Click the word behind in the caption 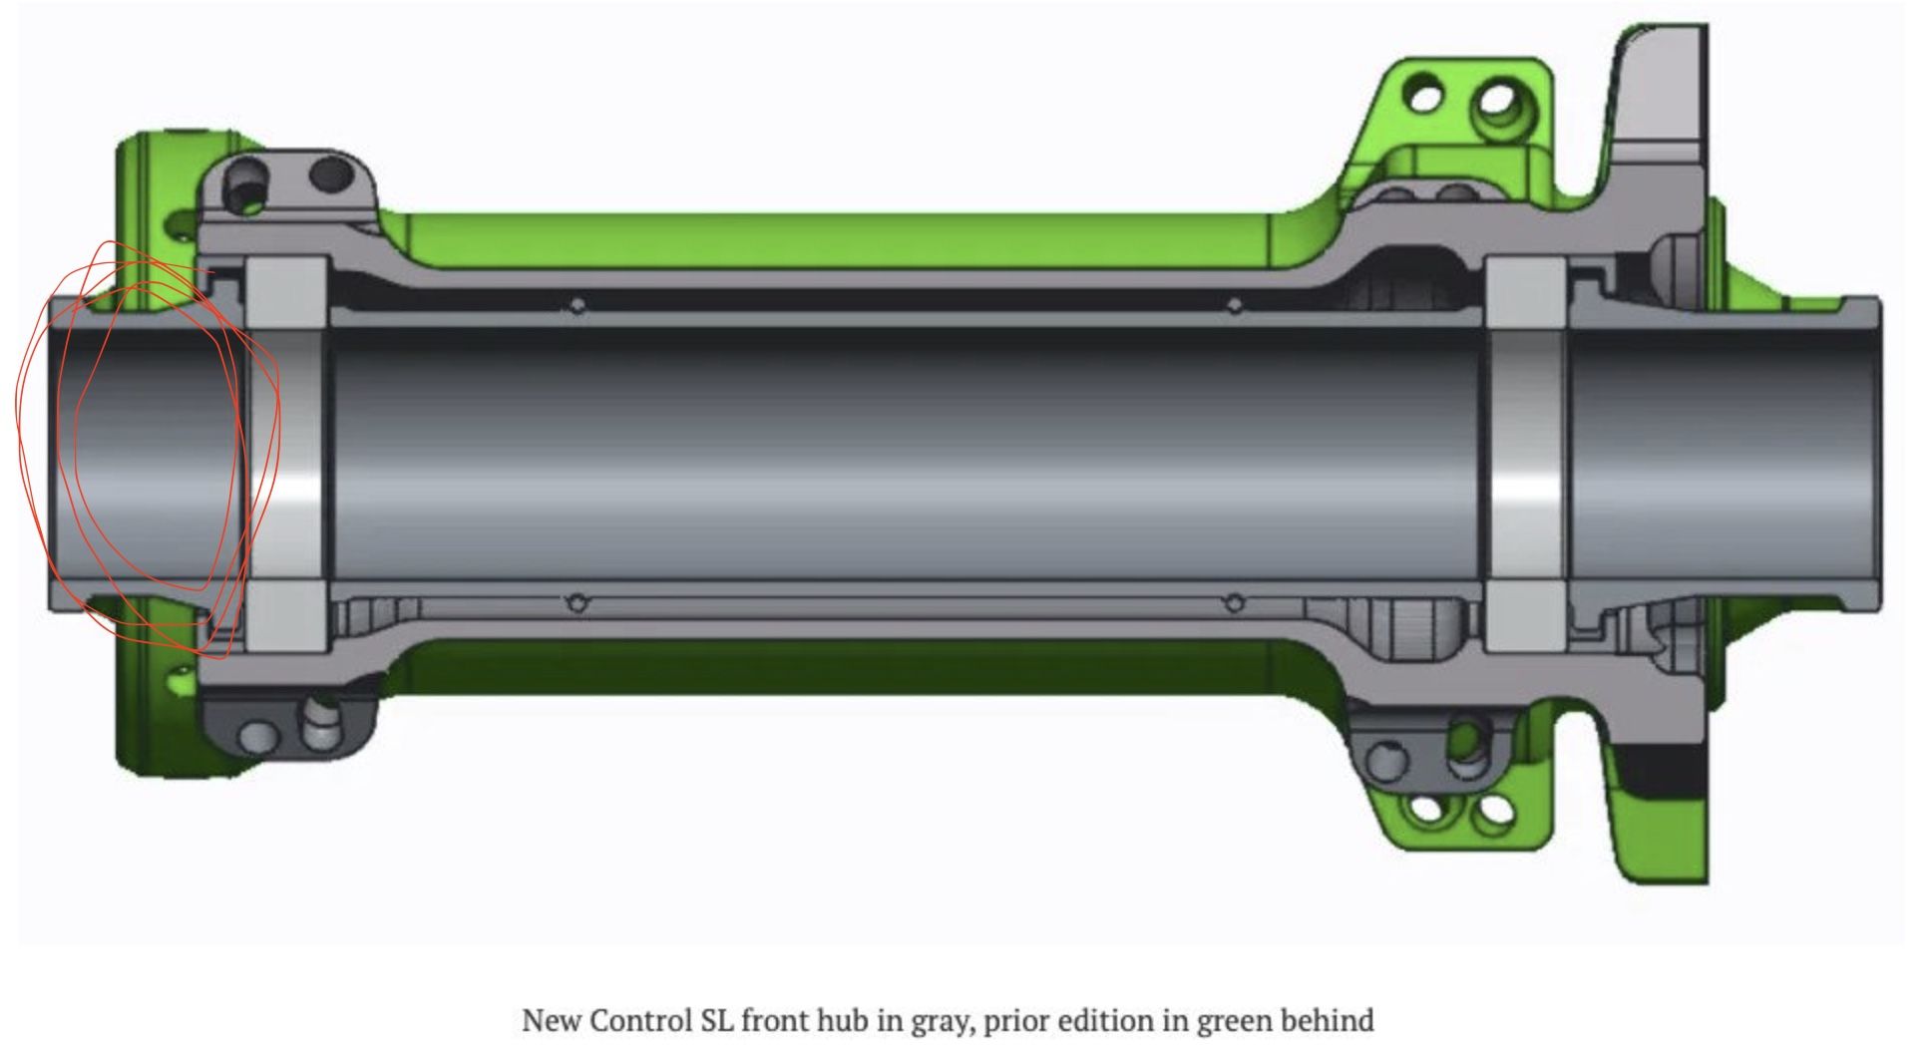click(1328, 1020)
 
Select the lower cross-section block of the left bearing click(286, 618)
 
